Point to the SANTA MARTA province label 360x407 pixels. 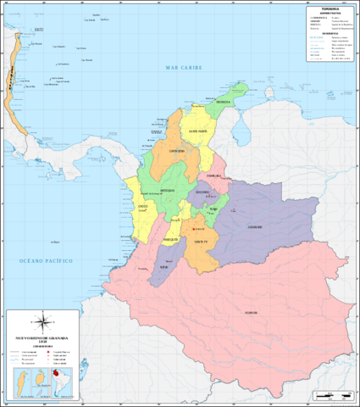pyautogui.click(x=197, y=131)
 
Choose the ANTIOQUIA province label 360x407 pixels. pyautogui.click(x=168, y=191)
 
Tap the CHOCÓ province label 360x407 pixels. pyautogui.click(x=143, y=205)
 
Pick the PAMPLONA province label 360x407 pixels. pyautogui.click(x=213, y=176)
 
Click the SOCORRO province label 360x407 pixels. pyautogui.click(x=202, y=192)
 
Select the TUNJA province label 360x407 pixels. pyautogui.click(x=213, y=209)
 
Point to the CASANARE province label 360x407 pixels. pyautogui.click(x=254, y=227)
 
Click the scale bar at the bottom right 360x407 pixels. pyautogui.click(x=331, y=395)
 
